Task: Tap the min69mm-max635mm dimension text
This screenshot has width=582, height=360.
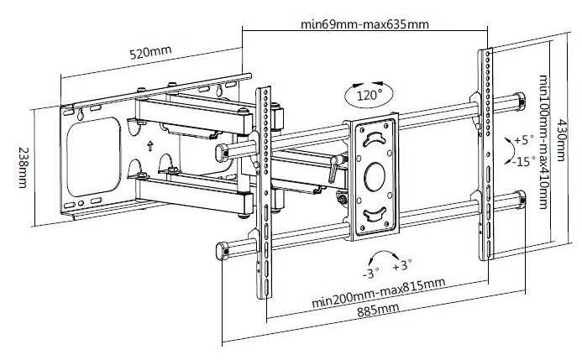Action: coord(364,24)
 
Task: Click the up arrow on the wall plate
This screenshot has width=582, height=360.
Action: coord(149,146)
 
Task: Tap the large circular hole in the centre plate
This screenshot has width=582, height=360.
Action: coord(374,178)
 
